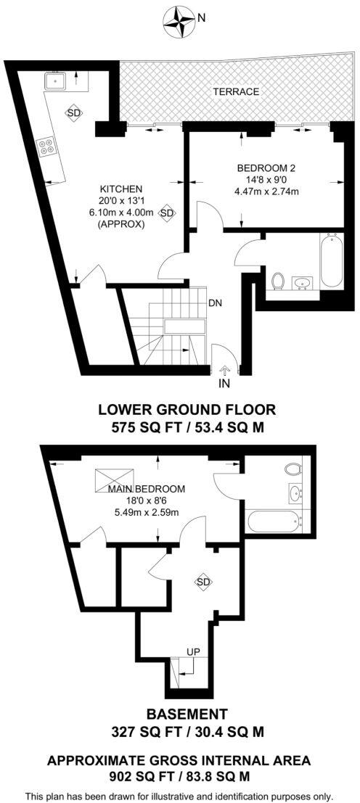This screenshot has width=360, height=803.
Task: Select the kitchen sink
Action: pyautogui.click(x=56, y=80)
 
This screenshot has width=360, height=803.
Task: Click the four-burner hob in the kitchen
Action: pyautogui.click(x=48, y=147)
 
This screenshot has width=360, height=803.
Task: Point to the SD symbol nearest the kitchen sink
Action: pyautogui.click(x=73, y=112)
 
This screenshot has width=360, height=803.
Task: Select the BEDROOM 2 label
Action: pyautogui.click(x=266, y=168)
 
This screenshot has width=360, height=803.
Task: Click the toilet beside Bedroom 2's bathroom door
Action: pyautogui.click(x=277, y=280)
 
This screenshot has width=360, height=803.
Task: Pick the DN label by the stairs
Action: pyautogui.click(x=215, y=303)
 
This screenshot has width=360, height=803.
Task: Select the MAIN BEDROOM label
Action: pyautogui.click(x=147, y=488)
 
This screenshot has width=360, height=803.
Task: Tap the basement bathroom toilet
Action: pyautogui.click(x=294, y=468)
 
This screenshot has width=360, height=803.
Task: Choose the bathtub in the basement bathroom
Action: pyautogui.click(x=274, y=521)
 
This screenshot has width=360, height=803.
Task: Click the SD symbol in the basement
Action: pyautogui.click(x=203, y=582)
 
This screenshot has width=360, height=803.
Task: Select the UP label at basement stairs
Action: pyautogui.click(x=194, y=651)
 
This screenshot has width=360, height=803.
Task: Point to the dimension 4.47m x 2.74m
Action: pyautogui.click(x=266, y=192)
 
